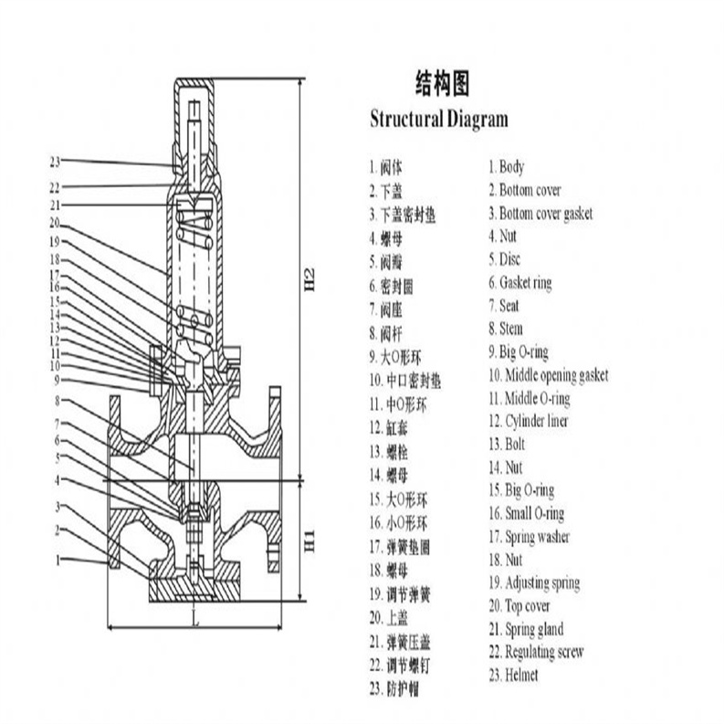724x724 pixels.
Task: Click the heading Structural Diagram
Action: [x=438, y=119]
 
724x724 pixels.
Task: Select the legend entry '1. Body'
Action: [x=506, y=167]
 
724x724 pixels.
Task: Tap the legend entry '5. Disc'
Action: [x=504, y=259]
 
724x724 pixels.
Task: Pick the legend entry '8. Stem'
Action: [x=505, y=329]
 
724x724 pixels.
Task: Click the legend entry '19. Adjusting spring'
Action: [x=533, y=582]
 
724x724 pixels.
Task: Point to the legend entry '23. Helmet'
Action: [x=512, y=676]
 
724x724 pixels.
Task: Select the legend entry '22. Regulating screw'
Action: [x=535, y=652]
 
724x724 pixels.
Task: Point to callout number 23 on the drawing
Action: [x=56, y=163]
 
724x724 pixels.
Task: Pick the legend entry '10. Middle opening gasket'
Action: [x=547, y=375]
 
